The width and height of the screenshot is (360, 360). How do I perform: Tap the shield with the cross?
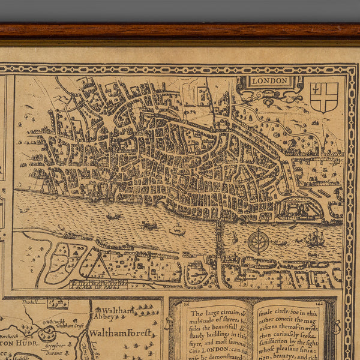point(323,96)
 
